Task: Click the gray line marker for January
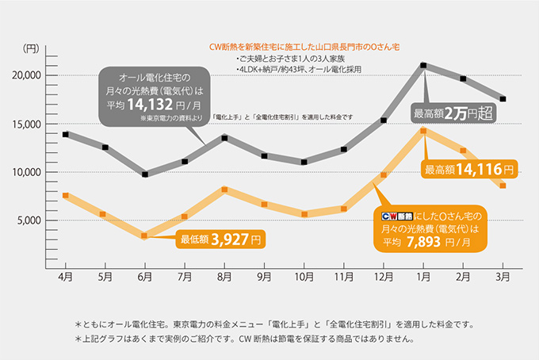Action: [x=424, y=65]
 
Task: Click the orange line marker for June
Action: [x=144, y=236]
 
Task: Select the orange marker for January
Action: [x=424, y=131]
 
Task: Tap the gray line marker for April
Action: [x=65, y=134]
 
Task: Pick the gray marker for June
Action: [x=144, y=174]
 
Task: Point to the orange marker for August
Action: [x=224, y=190]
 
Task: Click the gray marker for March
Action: [x=503, y=99]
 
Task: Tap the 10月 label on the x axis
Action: [x=304, y=278]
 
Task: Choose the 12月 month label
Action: [x=384, y=278]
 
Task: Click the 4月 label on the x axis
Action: [x=65, y=278]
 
